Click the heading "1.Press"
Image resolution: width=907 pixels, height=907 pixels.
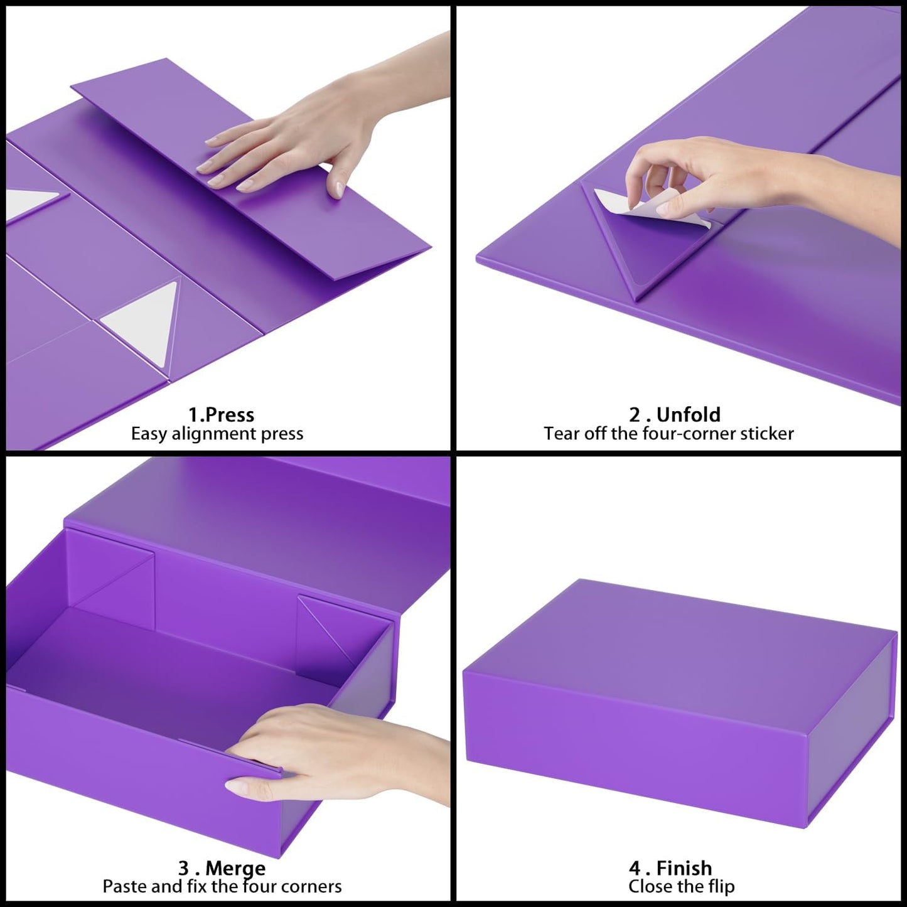pyautogui.click(x=221, y=415)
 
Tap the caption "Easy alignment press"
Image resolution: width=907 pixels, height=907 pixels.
pyautogui.click(x=217, y=434)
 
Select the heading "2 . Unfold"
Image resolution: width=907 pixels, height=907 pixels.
pyautogui.click(x=675, y=415)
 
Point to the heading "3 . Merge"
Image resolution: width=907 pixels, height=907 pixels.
pyautogui.click(x=222, y=868)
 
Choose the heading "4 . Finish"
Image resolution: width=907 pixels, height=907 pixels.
pyautogui.click(x=670, y=868)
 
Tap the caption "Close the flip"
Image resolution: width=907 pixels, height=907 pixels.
pyautogui.click(x=681, y=886)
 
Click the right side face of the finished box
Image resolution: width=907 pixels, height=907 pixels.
pyautogui.click(x=854, y=728)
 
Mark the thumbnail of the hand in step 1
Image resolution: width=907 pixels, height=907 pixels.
pyautogui.click(x=338, y=187)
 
